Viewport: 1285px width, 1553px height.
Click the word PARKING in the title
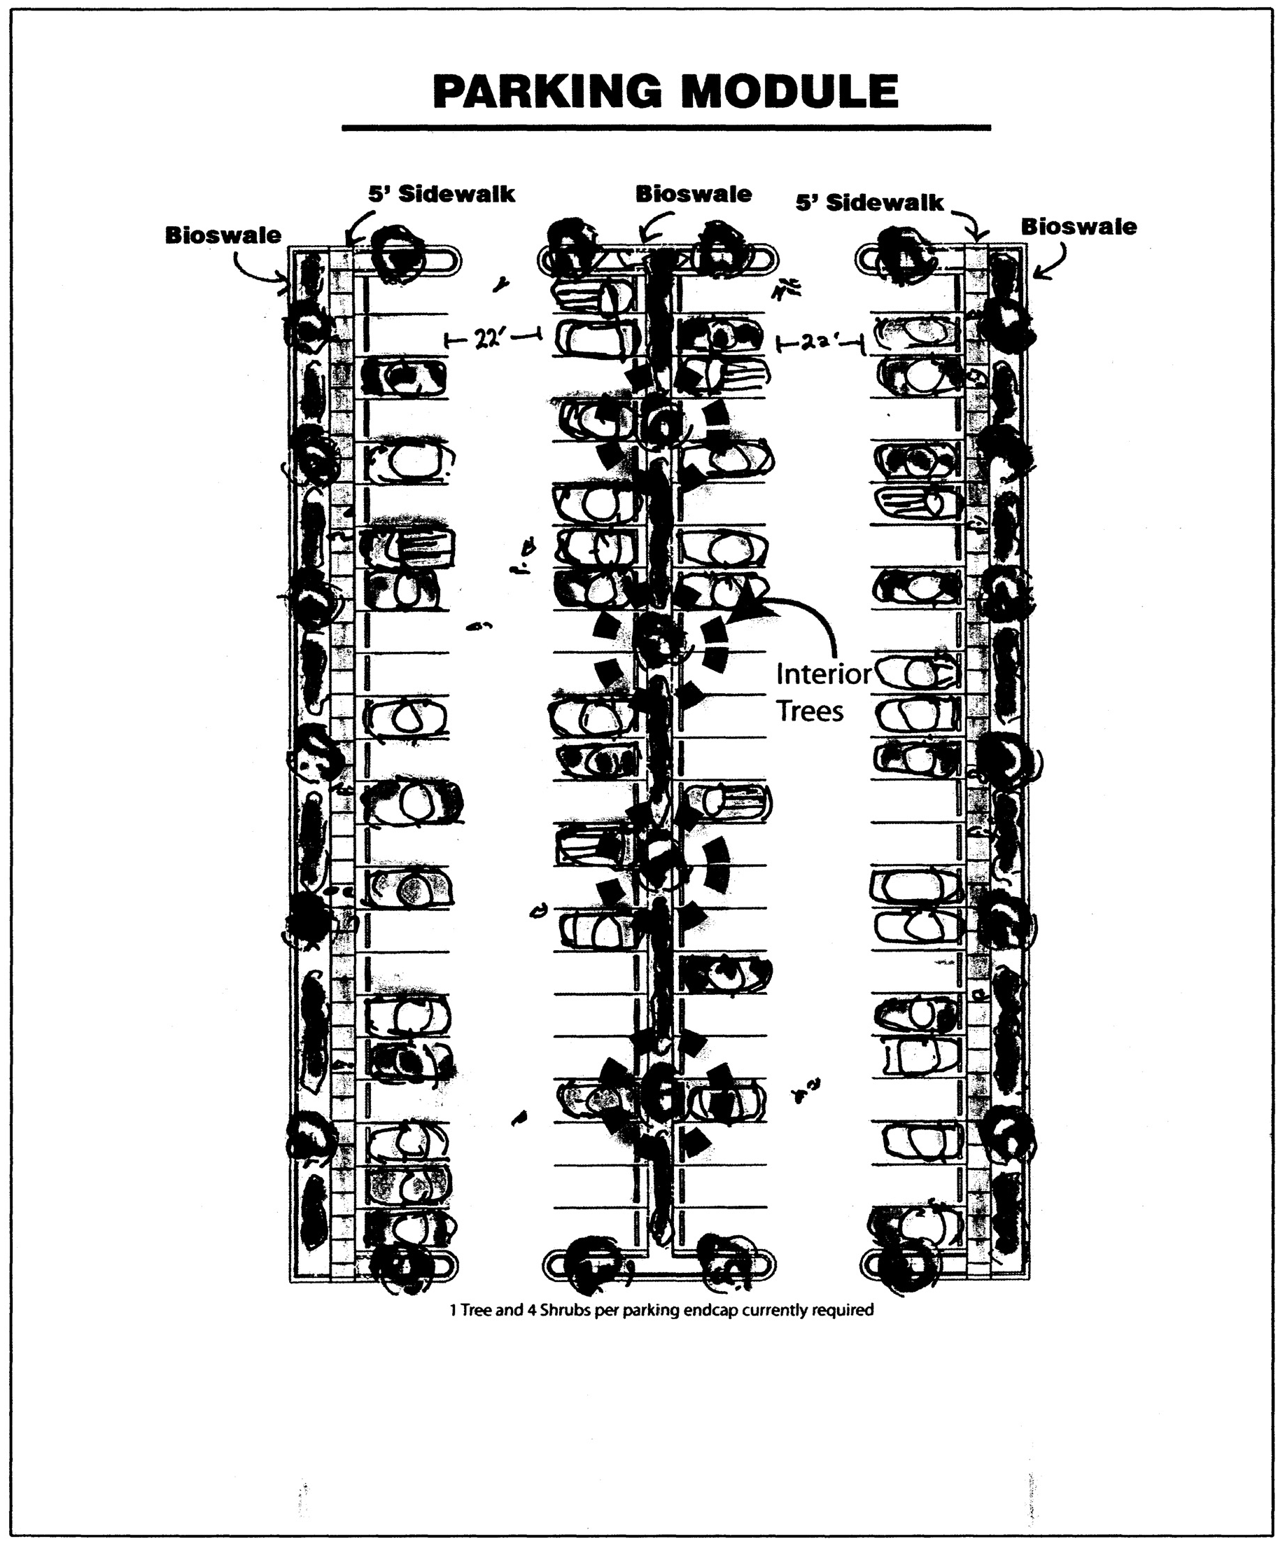tap(547, 92)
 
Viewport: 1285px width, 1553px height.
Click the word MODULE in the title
tap(789, 92)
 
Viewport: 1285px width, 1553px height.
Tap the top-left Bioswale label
tap(223, 235)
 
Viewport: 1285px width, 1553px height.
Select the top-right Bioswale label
tap(1078, 227)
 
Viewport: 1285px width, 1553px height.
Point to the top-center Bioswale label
tap(693, 195)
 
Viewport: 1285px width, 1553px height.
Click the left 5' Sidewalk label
tap(442, 195)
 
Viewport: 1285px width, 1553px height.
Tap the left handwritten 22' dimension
tap(491, 339)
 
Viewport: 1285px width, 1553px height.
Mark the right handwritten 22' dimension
tap(819, 342)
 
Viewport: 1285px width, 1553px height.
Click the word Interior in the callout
tap(824, 674)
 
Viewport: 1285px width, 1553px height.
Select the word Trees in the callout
tap(810, 711)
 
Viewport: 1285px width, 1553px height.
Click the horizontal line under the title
tap(666, 128)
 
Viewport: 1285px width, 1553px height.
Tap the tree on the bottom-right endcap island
tap(906, 1266)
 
